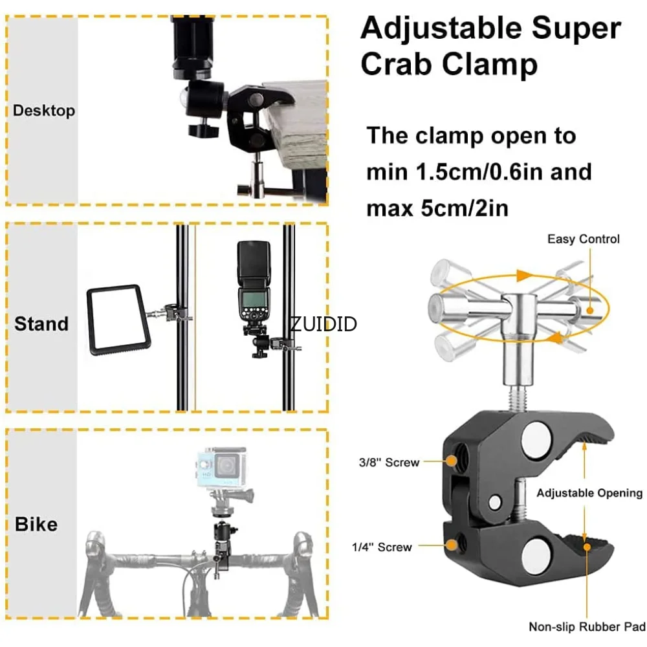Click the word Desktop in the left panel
tap(44, 111)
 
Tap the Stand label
tap(41, 323)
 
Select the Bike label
tap(36, 524)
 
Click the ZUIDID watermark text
tap(323, 323)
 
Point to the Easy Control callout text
tap(583, 239)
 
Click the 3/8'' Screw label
tap(389, 463)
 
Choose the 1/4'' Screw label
tap(382, 547)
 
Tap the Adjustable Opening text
tap(589, 493)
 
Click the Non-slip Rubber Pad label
tap(587, 626)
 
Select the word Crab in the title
tap(399, 64)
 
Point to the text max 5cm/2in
tap(437, 208)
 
